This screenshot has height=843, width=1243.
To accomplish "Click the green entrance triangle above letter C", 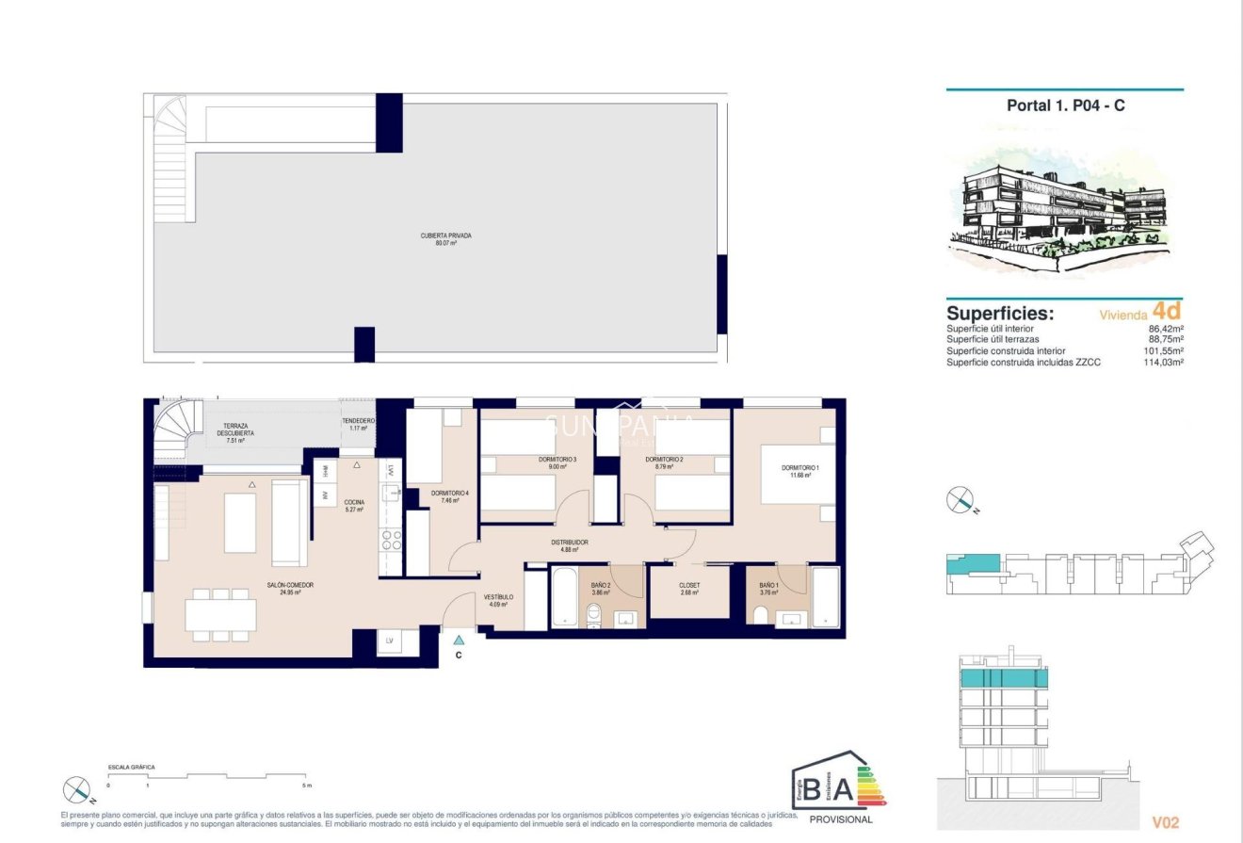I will [x=459, y=640].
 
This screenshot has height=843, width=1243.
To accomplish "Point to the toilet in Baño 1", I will [x=760, y=616].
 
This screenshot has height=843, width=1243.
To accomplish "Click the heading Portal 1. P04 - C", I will [x=1065, y=105].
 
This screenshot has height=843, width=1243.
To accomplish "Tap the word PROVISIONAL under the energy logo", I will [x=841, y=819].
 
